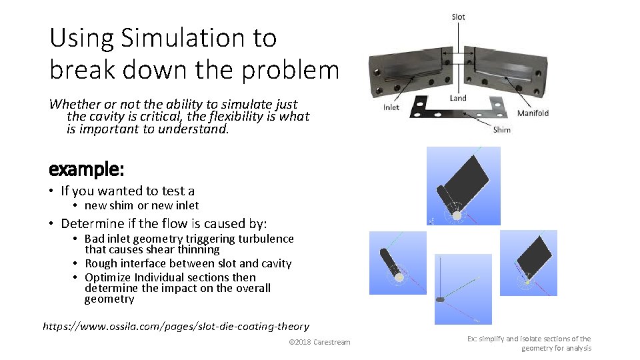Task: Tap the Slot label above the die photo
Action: click(459, 17)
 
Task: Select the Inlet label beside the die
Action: click(391, 107)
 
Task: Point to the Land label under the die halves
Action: click(458, 98)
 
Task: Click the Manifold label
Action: click(533, 113)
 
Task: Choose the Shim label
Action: click(501, 129)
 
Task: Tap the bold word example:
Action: click(86, 169)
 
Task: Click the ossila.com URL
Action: click(176, 326)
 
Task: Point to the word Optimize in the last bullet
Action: click(108, 277)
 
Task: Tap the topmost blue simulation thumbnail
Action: click(463, 185)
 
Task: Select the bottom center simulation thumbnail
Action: click(463, 289)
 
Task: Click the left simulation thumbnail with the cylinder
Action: click(398, 262)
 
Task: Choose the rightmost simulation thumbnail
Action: click(528, 262)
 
